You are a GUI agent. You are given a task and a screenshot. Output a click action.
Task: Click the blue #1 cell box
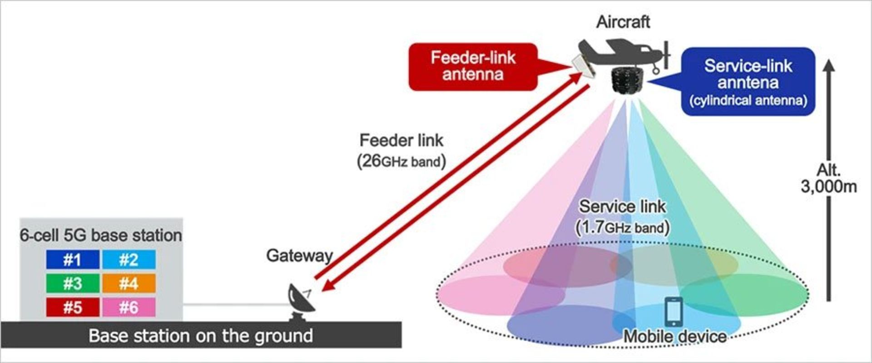[x=73, y=260]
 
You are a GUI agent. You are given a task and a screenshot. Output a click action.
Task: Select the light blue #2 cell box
[x=129, y=260]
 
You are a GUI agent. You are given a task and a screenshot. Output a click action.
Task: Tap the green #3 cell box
[x=73, y=284]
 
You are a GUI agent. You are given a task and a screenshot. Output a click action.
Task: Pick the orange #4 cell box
[x=129, y=284]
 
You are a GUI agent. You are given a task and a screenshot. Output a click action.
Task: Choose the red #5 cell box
[x=73, y=307]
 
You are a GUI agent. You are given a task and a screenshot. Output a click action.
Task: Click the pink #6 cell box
[x=129, y=307]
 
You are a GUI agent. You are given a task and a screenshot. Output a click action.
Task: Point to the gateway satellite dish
[x=301, y=299]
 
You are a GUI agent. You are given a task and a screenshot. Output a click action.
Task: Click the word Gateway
[x=299, y=255]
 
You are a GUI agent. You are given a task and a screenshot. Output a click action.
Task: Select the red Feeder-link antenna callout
[x=473, y=67]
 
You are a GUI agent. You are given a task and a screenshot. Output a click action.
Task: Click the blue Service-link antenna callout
[x=748, y=82]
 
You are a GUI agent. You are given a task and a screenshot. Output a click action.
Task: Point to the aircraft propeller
[x=666, y=55]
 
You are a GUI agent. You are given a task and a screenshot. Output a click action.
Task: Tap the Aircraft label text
[x=623, y=22]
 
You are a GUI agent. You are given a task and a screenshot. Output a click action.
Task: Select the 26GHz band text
[x=401, y=162]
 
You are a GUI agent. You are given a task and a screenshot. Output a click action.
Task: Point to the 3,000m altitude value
[x=828, y=186]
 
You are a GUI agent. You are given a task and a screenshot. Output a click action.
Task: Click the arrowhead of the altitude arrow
[x=829, y=65]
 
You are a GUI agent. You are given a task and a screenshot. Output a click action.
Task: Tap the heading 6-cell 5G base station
[x=101, y=235]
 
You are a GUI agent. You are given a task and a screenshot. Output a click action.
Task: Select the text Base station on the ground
[x=201, y=336]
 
